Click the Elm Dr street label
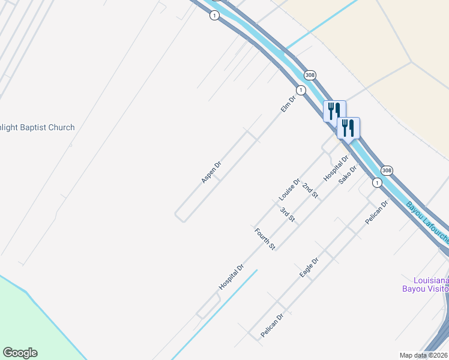pos(289,104)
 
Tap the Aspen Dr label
pos(211,172)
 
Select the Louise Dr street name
pos(289,190)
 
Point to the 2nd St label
pos(310,191)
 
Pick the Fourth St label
pos(264,239)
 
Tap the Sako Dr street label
pos(348,174)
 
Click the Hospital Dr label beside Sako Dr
pos(336,169)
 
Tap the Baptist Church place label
pos(37,127)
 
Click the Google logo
pos(20,353)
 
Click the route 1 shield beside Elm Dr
pos(301,90)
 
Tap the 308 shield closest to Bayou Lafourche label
pos(387,170)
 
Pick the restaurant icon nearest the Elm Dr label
pos(334,111)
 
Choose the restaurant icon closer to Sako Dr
pos(348,128)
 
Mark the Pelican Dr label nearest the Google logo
pos(271,325)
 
